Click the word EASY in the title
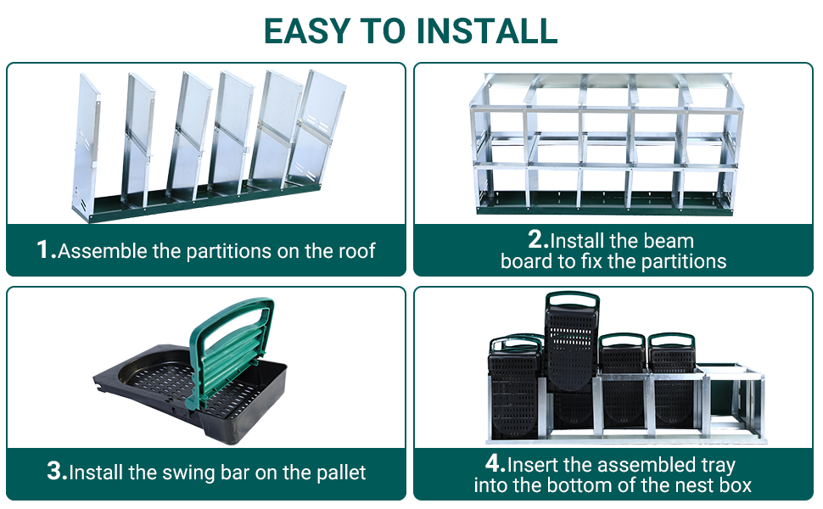point(306,31)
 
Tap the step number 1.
point(46,249)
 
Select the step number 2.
point(538,239)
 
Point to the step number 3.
point(57,471)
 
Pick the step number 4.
point(495,463)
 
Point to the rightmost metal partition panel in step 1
point(314,129)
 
